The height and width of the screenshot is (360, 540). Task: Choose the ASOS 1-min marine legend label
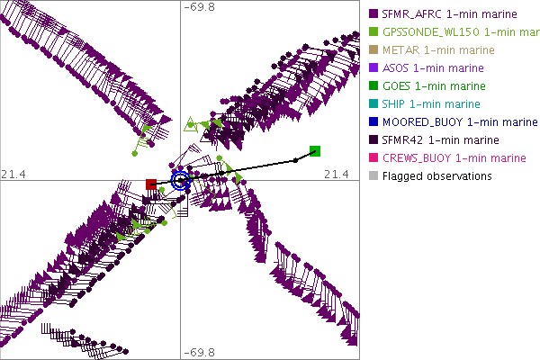tap(433, 67)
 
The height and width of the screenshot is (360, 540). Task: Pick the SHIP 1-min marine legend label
tap(431, 103)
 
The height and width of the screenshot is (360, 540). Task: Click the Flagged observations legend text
tap(436, 175)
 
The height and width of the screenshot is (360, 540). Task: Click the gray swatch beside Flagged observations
tap(372, 176)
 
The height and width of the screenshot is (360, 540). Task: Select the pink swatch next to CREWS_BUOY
tap(372, 158)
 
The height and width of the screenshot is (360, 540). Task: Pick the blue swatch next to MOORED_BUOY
tap(372, 122)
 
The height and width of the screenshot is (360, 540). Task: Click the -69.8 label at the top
tap(200, 7)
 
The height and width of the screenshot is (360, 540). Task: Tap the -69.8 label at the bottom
tap(200, 352)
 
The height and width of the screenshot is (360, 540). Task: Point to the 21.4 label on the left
tap(13, 173)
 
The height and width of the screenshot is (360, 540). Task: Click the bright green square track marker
tap(315, 150)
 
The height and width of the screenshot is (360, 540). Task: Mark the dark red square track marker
tap(151, 184)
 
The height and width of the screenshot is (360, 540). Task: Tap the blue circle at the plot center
tap(181, 180)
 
